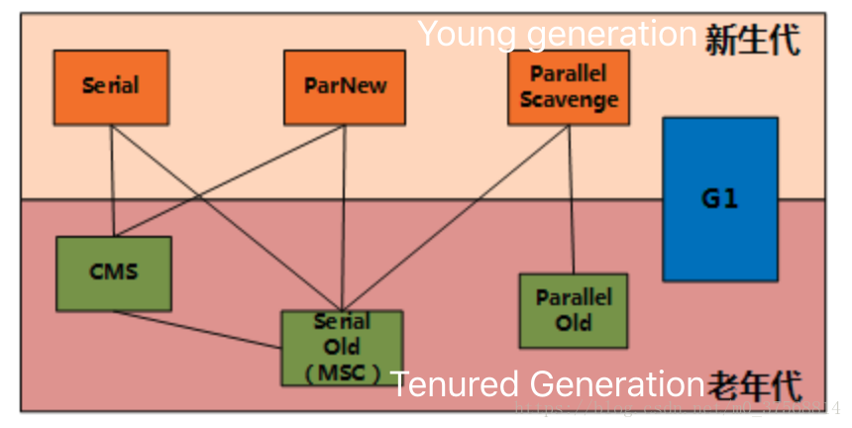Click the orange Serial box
click(111, 87)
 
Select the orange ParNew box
click(344, 87)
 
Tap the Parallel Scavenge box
click(568, 87)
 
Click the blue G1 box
click(719, 199)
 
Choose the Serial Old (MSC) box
click(342, 348)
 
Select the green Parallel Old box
click(574, 310)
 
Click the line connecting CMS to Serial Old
click(198, 330)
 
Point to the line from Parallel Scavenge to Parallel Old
click(572, 198)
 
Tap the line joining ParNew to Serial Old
click(343, 218)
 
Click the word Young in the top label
click(466, 35)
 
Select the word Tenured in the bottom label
click(455, 383)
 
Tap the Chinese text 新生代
click(752, 40)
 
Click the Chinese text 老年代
click(753, 386)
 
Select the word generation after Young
click(611, 35)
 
